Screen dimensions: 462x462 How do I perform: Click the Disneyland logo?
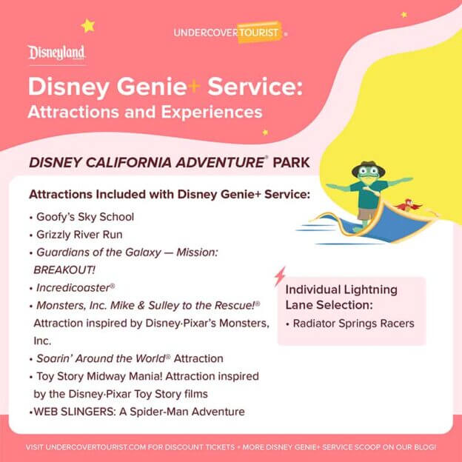click(x=57, y=53)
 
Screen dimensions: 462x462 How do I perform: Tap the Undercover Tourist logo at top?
click(x=227, y=32)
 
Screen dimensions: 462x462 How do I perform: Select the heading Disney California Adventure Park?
click(x=169, y=161)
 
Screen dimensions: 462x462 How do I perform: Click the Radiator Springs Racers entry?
click(x=354, y=323)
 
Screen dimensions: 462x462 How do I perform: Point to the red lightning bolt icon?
click(x=280, y=276)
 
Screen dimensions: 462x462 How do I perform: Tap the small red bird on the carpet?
click(x=406, y=204)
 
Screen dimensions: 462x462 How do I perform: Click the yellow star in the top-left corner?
click(x=88, y=26)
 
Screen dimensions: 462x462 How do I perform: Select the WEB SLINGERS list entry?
click(x=136, y=411)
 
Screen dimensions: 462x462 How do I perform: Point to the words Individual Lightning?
click(x=341, y=289)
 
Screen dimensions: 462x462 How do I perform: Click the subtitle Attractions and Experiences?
click(x=145, y=113)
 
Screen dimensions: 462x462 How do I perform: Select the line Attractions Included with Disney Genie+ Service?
click(x=170, y=195)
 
